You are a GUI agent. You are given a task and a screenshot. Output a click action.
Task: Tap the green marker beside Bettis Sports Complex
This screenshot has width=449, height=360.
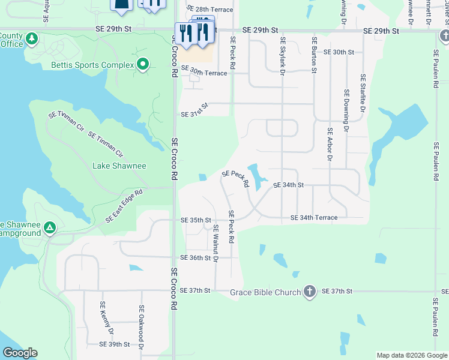point(143,64)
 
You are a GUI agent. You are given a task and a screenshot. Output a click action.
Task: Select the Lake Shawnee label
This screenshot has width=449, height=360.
point(119,166)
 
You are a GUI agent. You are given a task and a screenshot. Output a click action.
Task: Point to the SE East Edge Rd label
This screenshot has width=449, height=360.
point(124,206)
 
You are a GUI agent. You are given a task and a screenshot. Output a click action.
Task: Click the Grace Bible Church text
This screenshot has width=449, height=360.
point(265,292)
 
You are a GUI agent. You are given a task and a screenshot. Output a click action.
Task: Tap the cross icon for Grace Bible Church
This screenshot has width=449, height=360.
point(309,292)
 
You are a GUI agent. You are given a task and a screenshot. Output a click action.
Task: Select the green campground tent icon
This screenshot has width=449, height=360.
point(50,228)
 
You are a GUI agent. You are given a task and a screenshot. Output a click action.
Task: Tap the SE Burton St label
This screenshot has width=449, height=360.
point(313,55)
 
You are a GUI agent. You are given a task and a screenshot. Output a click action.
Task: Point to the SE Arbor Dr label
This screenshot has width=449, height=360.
point(330,144)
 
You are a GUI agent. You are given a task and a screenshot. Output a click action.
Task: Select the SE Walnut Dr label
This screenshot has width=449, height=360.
point(215,244)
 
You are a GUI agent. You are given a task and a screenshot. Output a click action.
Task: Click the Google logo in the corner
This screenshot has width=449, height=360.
point(20,353)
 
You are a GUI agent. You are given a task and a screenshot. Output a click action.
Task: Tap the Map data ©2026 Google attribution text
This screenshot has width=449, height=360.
point(412,355)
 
